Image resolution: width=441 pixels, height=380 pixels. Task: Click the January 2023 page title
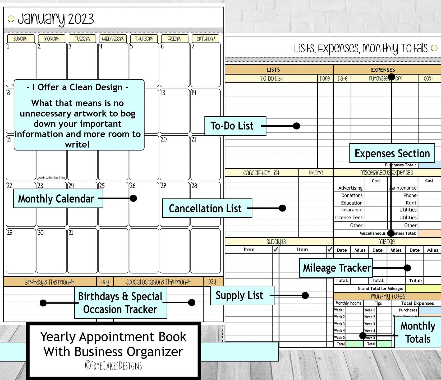pos(56,19)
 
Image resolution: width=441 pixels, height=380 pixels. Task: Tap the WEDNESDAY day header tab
pos(113,39)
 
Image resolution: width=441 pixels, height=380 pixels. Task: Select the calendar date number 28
pos(194,186)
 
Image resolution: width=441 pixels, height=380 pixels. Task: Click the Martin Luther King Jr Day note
pos(52,178)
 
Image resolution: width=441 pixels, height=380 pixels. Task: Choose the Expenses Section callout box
pos(392,153)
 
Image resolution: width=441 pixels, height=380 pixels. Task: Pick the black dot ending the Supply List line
pos(305,295)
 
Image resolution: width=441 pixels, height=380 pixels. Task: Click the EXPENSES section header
pos(383,70)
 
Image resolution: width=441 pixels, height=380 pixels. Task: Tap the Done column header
pos(325,79)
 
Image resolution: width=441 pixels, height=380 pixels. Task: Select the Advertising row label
pos(350,188)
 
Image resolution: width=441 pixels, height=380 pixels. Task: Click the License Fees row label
pos(348,217)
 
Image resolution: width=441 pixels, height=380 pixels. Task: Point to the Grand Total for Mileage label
pos(380,288)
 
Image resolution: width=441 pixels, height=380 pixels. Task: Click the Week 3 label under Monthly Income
pos(339,324)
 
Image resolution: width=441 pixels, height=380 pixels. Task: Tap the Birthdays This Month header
pos(49,282)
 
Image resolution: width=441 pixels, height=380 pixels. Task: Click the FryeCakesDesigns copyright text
pos(113,366)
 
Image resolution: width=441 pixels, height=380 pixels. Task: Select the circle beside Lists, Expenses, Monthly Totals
pos(434,48)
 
